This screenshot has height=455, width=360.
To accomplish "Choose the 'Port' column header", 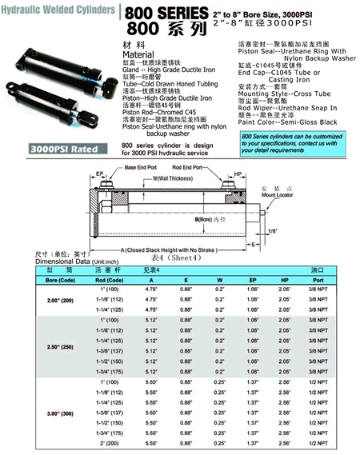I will [x=318, y=281].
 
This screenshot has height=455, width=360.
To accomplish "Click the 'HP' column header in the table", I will [x=283, y=281].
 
